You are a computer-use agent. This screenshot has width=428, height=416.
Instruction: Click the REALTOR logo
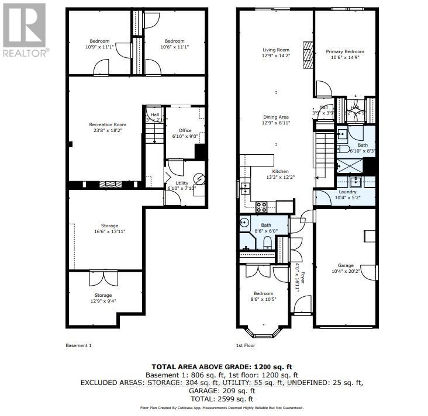(x=24, y=29)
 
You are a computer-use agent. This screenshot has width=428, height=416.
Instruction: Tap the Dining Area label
(x=275, y=120)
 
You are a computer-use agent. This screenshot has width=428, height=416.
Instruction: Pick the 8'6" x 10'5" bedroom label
(x=263, y=297)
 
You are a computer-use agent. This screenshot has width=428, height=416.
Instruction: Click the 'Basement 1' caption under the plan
(x=79, y=345)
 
